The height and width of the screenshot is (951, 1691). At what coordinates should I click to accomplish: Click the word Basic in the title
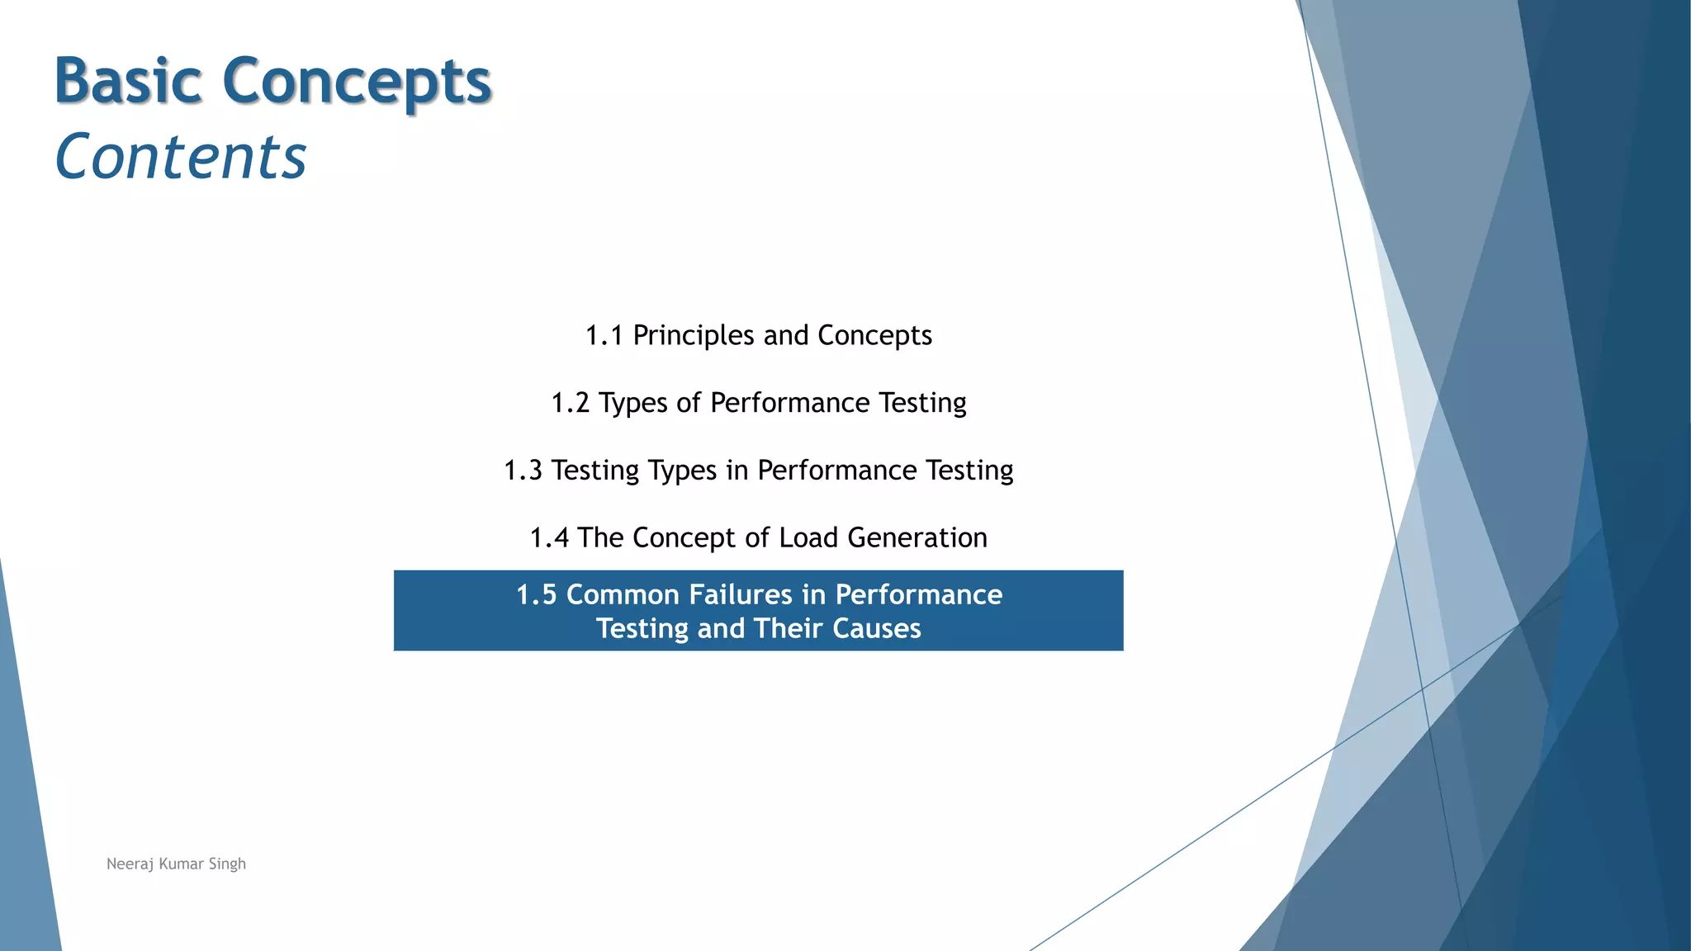point(128,81)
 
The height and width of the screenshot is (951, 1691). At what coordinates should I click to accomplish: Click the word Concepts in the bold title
point(357,83)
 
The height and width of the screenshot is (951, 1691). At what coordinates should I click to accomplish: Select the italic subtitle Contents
point(181,157)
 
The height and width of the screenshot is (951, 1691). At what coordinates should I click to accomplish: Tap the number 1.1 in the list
point(604,336)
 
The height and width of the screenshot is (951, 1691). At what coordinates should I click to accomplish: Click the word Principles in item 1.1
point(694,336)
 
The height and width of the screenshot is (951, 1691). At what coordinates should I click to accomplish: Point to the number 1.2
point(570,403)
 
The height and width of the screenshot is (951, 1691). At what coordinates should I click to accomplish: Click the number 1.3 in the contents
point(523,471)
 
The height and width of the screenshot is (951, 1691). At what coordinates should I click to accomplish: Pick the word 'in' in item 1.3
point(737,471)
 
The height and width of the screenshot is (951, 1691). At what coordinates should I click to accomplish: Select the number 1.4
point(549,538)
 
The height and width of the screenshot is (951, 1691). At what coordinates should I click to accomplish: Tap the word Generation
point(917,538)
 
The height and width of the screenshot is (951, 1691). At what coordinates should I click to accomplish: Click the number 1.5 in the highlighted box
point(536,595)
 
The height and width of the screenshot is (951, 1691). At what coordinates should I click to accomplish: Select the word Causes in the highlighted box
point(877,629)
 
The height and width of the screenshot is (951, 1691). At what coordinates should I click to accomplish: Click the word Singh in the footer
point(227,864)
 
